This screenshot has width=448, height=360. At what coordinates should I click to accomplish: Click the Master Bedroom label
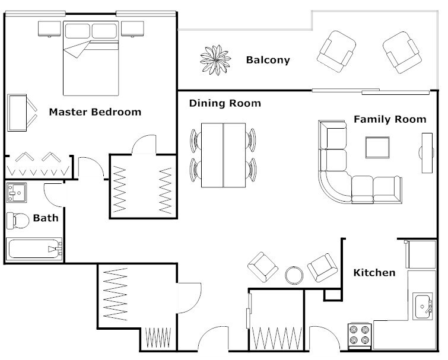(x=95, y=111)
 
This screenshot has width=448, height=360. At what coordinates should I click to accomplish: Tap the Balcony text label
(x=268, y=59)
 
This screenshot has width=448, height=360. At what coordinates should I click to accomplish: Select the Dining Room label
(x=225, y=103)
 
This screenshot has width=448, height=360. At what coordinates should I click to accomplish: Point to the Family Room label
(x=390, y=119)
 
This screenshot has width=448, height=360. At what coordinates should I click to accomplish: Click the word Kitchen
(x=374, y=273)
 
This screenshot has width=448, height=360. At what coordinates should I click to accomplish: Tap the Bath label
(x=45, y=218)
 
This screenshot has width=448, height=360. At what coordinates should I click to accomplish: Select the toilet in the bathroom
(x=17, y=221)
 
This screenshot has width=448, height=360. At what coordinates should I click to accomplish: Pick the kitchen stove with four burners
(x=359, y=335)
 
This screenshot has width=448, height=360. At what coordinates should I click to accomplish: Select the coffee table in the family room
(x=377, y=146)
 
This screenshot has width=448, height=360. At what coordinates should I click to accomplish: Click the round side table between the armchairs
(x=294, y=275)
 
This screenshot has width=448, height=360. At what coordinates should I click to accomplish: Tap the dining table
(x=223, y=155)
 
